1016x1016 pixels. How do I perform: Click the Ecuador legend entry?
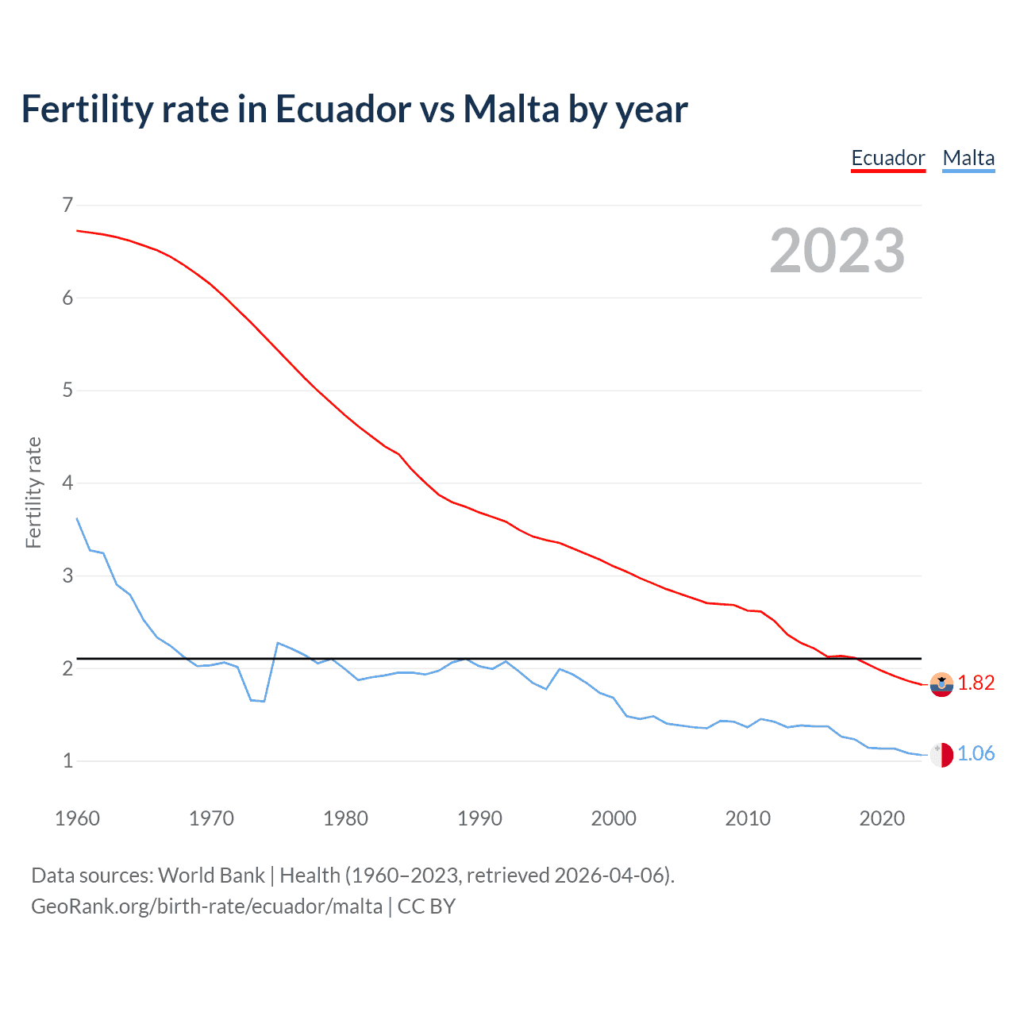pos(887,158)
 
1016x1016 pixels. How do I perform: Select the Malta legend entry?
pos(968,158)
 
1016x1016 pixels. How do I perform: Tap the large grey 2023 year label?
pos(837,251)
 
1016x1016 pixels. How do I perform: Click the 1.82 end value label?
pos(976,683)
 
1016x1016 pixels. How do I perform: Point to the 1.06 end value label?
pos(976,753)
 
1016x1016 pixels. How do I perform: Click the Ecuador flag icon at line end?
pos(941,683)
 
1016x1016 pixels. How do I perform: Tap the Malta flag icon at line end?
pos(941,755)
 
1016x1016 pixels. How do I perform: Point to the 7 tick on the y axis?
pos(67,205)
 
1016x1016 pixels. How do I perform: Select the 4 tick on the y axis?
pos(67,483)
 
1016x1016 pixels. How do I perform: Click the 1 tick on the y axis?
pos(67,760)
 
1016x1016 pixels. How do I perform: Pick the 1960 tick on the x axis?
pos(77,818)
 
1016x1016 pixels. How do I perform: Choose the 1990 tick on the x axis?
pos(479,818)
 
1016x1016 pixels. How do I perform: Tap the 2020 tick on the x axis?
pos(882,818)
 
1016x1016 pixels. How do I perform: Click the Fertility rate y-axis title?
pos(33,492)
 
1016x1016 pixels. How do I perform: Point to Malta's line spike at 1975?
pos(278,643)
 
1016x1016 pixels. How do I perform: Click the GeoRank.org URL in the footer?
pos(206,906)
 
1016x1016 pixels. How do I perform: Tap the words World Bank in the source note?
pos(211,876)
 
